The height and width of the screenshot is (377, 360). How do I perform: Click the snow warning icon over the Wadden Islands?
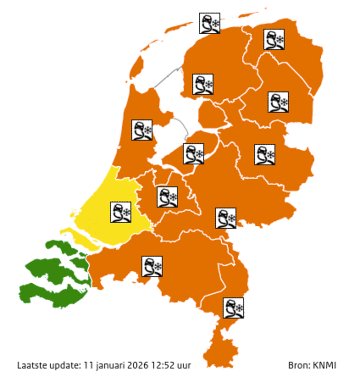pyautogui.click(x=210, y=23)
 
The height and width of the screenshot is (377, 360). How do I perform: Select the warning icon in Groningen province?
pyautogui.click(x=274, y=40)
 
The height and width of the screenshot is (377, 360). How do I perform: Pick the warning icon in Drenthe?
pyautogui.click(x=278, y=102)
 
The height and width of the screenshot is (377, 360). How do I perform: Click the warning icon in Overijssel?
pyautogui.click(x=264, y=154)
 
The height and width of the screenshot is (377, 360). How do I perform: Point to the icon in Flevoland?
pyautogui.click(x=193, y=153)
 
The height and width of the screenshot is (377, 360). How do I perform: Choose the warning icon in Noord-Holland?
pyautogui.click(x=142, y=130)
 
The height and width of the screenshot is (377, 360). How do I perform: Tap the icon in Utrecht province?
pyautogui.click(x=167, y=197)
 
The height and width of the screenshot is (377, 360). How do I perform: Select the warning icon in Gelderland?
pyautogui.click(x=226, y=218)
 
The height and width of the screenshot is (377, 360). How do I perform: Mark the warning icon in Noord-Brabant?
pyautogui.click(x=152, y=266)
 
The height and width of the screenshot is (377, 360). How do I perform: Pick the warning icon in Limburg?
pyautogui.click(x=233, y=308)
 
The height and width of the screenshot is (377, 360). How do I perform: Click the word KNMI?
pyautogui.click(x=325, y=366)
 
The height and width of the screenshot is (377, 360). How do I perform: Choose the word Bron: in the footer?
pyautogui.click(x=299, y=366)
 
